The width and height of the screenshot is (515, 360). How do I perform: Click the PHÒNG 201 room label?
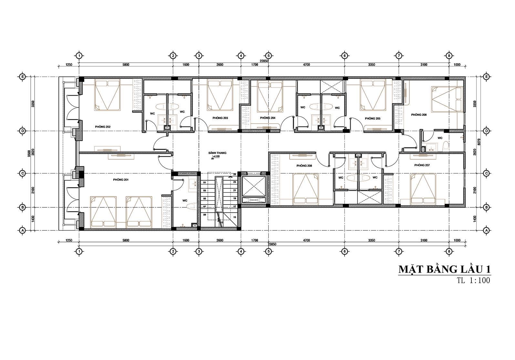coord(121,180)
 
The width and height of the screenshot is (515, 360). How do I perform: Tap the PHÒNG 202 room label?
coord(103,127)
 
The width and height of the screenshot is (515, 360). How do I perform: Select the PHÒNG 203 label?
coord(220,118)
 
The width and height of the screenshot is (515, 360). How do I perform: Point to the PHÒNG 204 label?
coord(268,118)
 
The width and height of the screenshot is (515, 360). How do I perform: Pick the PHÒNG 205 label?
coord(373,118)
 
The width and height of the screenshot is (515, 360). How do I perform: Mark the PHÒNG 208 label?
coord(304,165)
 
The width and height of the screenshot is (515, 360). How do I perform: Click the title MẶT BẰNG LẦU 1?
coord(444,269)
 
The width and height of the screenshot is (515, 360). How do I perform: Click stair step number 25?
coord(235,175)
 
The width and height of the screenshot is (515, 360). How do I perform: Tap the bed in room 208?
coord(305,189)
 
